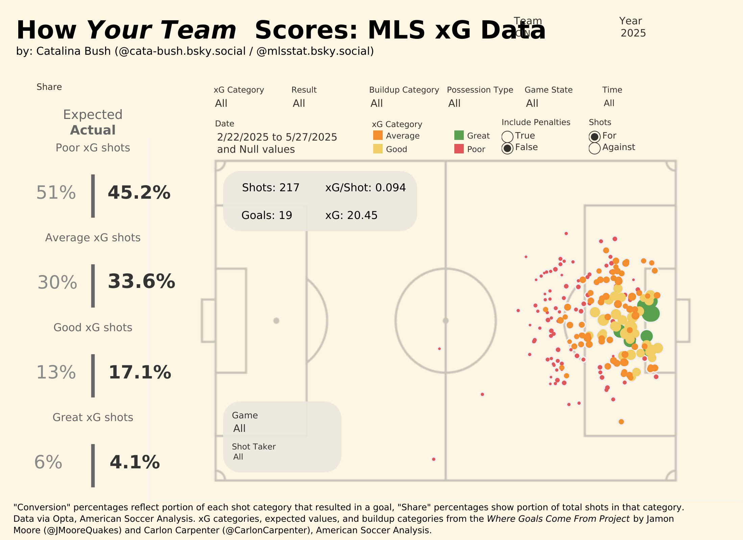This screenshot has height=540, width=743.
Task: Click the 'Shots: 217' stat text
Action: point(270,188)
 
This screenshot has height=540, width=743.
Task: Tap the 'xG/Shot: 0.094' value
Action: point(365,188)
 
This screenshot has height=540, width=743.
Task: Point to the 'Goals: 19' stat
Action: point(266,215)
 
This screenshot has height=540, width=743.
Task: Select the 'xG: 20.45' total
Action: point(351,215)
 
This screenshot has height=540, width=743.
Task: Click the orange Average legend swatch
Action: point(378,136)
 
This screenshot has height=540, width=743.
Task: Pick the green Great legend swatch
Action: point(459,136)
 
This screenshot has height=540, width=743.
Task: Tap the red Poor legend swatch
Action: point(459,149)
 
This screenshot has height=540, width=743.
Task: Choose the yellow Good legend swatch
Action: point(378,149)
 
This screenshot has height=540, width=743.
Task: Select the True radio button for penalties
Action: point(507,137)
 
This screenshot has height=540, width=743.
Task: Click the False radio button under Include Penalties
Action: point(507,148)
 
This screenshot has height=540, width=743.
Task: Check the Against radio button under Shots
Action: point(594,148)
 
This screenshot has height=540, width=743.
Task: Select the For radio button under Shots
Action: point(594,137)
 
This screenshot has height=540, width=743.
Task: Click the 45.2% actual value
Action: point(139,193)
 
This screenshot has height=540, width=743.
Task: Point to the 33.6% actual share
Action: point(141,281)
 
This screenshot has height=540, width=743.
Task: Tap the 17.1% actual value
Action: point(140,372)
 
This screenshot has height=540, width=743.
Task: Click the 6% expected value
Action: point(48,462)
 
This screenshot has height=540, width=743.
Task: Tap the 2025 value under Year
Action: point(633,33)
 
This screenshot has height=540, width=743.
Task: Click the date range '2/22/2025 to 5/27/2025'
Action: point(277,137)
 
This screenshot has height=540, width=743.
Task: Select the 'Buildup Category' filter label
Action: point(404,90)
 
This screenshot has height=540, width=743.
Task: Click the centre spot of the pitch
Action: point(446,321)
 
